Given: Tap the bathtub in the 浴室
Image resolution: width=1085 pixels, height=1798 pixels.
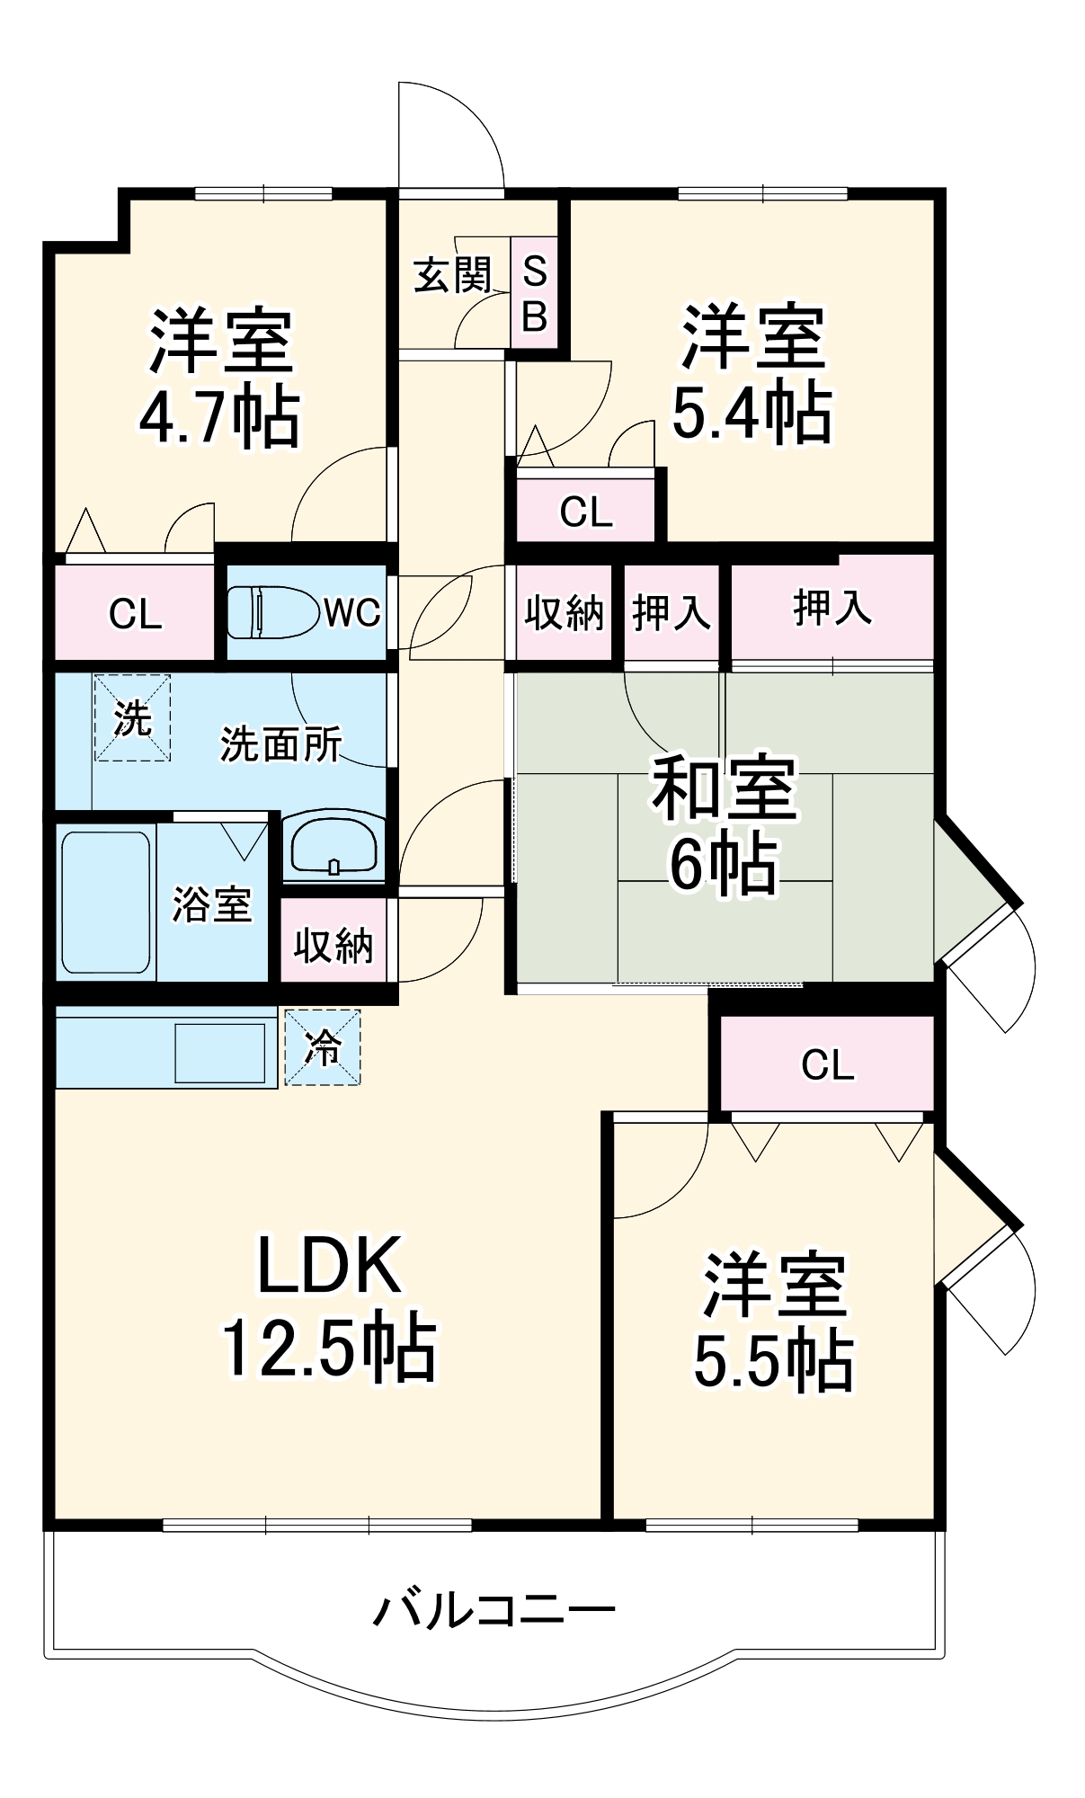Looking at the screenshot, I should click(x=105, y=902).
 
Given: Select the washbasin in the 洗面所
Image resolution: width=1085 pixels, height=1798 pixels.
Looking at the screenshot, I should click(x=333, y=845).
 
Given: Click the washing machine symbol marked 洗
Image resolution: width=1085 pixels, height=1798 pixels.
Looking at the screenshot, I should click(x=132, y=718).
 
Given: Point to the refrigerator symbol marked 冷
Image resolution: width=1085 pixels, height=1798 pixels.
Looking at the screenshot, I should click(x=323, y=1046).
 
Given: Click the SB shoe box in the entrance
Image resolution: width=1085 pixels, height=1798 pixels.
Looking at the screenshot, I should click(x=534, y=293).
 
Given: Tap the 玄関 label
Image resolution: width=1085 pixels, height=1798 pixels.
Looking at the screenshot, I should click(x=453, y=275).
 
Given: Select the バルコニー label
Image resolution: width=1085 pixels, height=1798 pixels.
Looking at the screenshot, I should click(x=494, y=1610).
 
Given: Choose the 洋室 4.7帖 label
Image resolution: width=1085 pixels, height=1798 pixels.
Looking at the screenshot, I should click(x=220, y=378).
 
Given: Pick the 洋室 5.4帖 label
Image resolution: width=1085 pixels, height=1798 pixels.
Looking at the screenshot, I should click(x=752, y=374).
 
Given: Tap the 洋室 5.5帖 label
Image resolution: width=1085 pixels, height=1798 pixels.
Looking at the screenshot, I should click(x=774, y=1321).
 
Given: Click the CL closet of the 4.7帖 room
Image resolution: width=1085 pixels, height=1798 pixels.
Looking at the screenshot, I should click(x=135, y=614).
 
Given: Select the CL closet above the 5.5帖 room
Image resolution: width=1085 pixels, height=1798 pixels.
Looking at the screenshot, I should click(x=827, y=1064).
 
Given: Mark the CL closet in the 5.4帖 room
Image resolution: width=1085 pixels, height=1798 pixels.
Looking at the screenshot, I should click(x=586, y=512).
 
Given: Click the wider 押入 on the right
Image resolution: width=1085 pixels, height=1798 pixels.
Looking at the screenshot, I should click(x=832, y=608).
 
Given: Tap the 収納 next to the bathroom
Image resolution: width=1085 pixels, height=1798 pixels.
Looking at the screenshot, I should click(x=334, y=945).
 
